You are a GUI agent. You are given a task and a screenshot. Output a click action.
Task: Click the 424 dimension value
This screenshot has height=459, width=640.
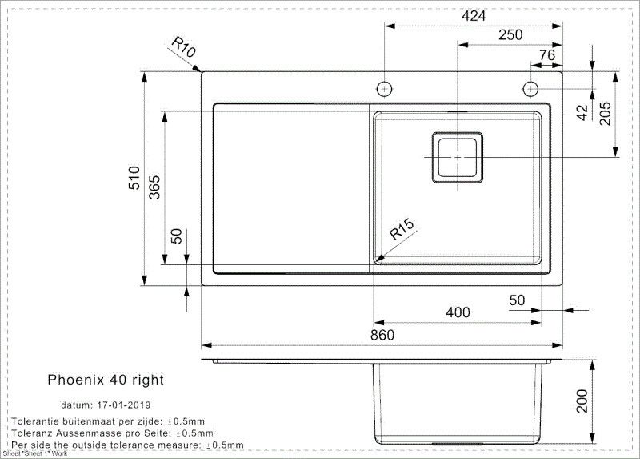point(474,15)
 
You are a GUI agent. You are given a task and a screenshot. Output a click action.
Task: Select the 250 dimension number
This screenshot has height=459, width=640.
point(510,34)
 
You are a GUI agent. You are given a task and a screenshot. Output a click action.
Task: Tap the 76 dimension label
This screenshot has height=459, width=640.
point(546,54)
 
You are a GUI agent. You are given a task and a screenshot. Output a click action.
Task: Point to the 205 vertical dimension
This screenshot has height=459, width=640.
point(605,114)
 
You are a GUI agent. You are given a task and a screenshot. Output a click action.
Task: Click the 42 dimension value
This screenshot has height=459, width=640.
point(582,112)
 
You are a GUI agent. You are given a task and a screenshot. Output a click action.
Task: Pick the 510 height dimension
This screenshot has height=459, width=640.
point(134,177)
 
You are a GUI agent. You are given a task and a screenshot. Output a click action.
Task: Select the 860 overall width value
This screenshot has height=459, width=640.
point(382,336)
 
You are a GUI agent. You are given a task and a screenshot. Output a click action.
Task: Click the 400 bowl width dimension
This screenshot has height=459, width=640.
point(457,312)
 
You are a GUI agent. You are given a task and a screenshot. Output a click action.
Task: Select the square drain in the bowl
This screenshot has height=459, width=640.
point(458,157)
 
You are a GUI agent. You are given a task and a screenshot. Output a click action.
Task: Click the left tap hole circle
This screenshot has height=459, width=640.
point(385,87)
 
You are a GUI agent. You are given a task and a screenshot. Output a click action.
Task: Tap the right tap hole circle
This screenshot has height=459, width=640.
point(530,87)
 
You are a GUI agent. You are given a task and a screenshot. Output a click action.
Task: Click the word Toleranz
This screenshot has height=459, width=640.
point(32,433)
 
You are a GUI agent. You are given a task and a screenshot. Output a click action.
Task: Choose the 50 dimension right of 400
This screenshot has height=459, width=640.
point(517,300)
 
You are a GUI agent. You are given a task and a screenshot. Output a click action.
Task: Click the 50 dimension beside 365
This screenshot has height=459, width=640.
point(177,236)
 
